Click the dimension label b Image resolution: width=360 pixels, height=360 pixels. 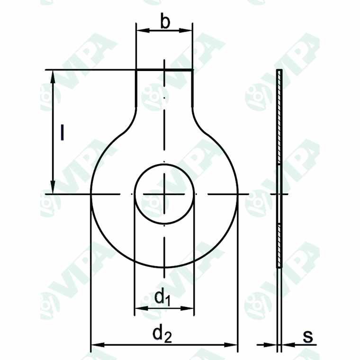[164, 23]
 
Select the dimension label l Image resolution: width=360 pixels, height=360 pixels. [62, 133]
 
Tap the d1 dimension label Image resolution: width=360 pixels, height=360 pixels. [162, 297]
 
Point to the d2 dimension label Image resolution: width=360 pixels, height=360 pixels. [162, 334]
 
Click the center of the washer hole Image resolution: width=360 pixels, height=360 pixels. [164, 194]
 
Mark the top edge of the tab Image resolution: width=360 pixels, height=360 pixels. [164, 70]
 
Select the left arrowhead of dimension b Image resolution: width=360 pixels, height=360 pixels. [140, 31]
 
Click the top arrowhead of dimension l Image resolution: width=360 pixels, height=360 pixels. [53, 76]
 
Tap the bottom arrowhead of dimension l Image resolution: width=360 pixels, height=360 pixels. [53, 189]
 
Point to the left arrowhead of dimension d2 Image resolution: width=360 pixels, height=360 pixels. [95, 345]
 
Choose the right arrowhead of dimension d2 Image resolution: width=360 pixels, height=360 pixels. [233, 345]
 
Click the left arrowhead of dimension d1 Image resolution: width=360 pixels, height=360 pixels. [139, 308]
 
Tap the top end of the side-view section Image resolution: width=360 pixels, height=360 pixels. [279, 71]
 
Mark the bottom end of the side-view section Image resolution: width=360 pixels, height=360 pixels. [279, 267]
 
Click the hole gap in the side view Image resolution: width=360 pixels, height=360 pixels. [279, 194]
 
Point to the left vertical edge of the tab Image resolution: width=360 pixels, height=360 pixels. [136, 88]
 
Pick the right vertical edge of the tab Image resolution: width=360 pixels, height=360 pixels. [192, 88]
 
